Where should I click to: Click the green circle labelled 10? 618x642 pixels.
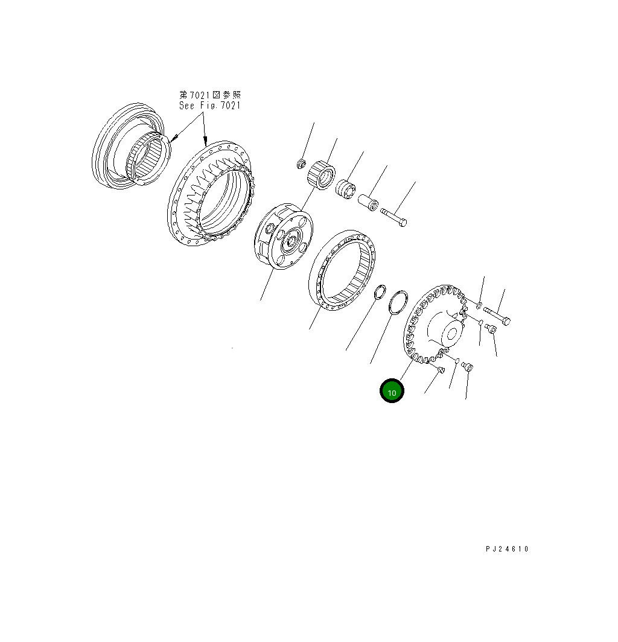(392, 390)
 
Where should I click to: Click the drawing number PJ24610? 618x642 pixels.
(507, 548)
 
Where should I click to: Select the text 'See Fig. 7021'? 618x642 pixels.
(209, 105)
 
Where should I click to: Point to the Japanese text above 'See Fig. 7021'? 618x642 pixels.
(210, 95)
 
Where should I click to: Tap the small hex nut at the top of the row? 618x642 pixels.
(301, 164)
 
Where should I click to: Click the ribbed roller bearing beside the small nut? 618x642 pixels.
(321, 176)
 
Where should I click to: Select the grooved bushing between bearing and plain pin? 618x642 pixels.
(346, 189)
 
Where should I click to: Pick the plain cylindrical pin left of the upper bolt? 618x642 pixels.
(368, 203)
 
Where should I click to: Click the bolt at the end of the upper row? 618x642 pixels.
(393, 217)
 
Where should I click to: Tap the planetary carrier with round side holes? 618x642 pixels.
(284, 237)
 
